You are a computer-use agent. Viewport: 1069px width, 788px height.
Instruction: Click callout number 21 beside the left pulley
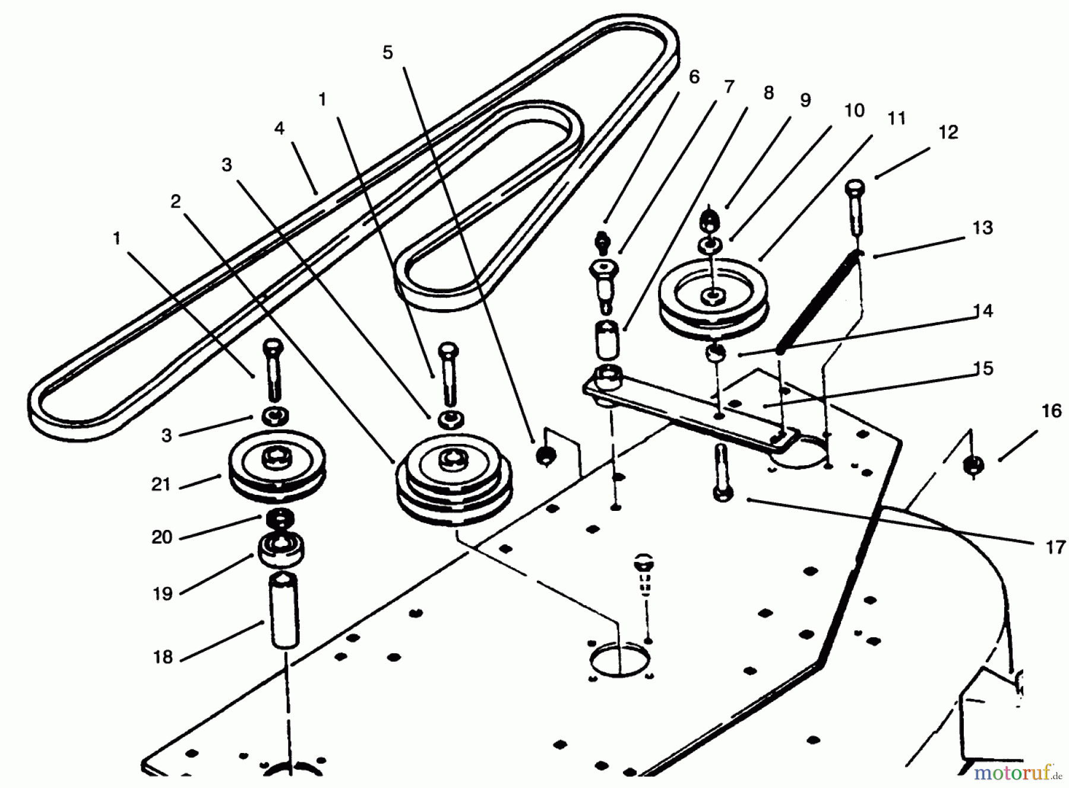tap(161, 485)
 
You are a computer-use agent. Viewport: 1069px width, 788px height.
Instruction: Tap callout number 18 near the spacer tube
tap(163, 657)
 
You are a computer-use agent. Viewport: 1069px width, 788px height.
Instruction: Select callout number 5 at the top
tap(388, 53)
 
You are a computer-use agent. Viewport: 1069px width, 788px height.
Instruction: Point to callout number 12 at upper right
tap(948, 132)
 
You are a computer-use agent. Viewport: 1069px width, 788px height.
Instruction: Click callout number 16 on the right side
tap(1051, 411)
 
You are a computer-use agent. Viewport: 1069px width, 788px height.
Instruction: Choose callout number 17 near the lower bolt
tap(1055, 547)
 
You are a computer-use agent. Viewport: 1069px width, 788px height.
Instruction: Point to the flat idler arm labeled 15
tap(689, 409)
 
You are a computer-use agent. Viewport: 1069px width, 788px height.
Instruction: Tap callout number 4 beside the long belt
tap(279, 128)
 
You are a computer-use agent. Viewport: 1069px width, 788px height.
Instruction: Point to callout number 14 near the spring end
tap(983, 311)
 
